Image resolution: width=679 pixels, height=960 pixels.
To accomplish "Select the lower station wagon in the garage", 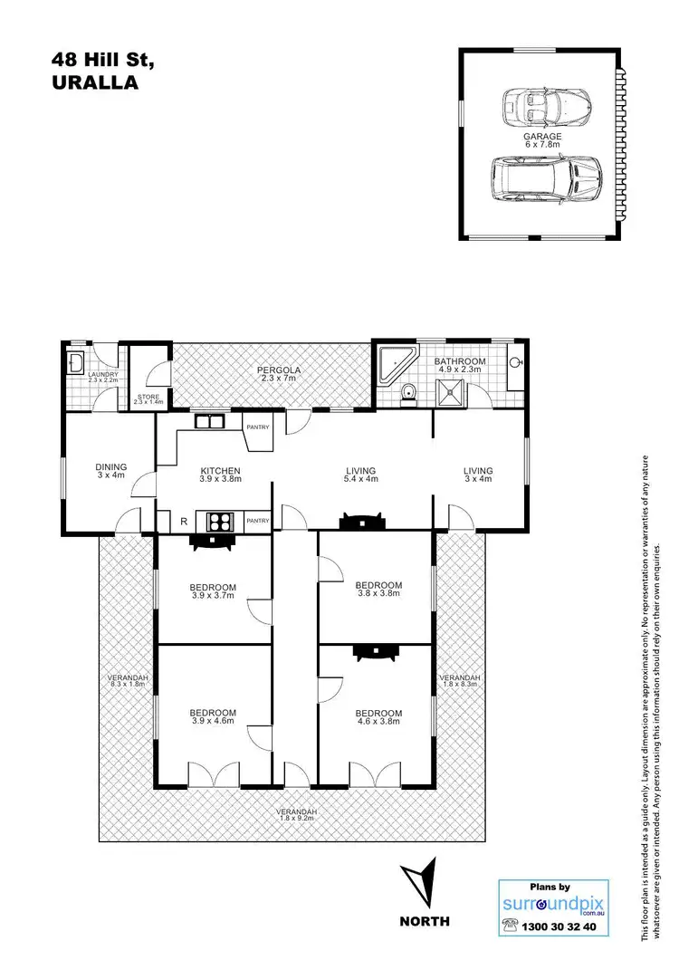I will pyautogui.click(x=546, y=180).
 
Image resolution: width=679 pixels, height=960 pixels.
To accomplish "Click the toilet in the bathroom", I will pyautogui.click(x=407, y=392).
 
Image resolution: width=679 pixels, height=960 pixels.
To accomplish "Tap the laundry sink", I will pyautogui.click(x=76, y=364).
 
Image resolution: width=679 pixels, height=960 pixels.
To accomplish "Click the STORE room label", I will pyautogui.click(x=146, y=395).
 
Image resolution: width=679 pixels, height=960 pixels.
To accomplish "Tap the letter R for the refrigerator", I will pyautogui.click(x=184, y=521).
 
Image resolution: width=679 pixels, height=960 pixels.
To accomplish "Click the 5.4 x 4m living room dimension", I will pyautogui.click(x=360, y=481).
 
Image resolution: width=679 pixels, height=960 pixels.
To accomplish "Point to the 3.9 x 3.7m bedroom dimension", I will pyautogui.click(x=214, y=596).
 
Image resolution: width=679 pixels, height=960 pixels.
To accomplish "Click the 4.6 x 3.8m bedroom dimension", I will pyautogui.click(x=378, y=724).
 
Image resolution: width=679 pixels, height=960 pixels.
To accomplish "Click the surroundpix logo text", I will pyautogui.click(x=554, y=905).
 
